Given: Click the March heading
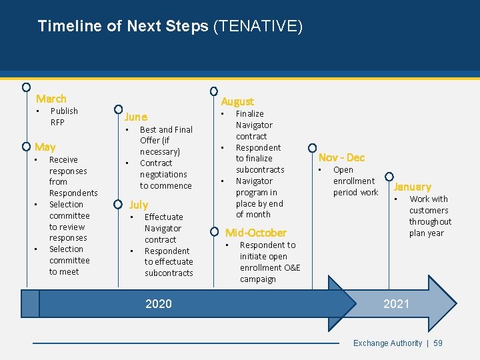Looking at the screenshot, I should (x=51, y=99).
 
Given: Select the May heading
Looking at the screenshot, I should (x=45, y=147).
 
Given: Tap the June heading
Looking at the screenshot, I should (x=136, y=117).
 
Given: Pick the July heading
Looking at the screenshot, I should (x=139, y=205).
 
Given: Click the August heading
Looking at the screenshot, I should (x=237, y=101).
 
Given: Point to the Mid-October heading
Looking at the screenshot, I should (x=256, y=233).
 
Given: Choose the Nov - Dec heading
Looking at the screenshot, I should (x=341, y=157).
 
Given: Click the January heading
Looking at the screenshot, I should (x=412, y=187).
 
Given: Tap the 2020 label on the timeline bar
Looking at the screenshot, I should (x=159, y=304).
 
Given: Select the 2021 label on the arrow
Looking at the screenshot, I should (x=396, y=304).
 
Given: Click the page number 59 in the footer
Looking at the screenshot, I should (x=438, y=343).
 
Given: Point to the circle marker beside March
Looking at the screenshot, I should (x=25, y=87).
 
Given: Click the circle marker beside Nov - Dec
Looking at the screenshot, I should (x=312, y=148).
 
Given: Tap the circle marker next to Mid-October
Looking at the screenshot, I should (x=214, y=232).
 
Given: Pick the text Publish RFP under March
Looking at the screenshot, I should (x=64, y=117).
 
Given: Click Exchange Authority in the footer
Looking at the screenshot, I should (x=387, y=343).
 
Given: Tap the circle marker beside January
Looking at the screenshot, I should (x=389, y=178).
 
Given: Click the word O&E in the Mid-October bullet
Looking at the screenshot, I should (x=291, y=268).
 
